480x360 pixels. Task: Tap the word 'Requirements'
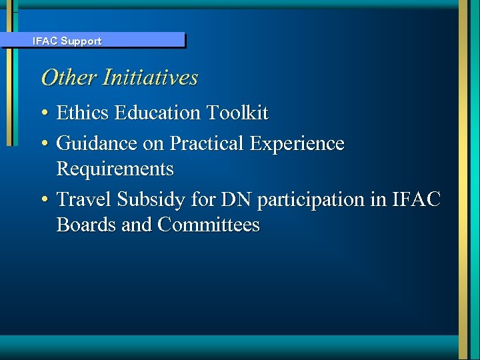[115, 169]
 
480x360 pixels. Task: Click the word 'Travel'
[84, 199]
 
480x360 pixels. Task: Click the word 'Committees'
[209, 225]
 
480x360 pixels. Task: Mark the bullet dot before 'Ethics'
[44, 114]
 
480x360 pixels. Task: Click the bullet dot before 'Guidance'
[44, 144]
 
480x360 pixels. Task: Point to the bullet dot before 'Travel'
[44, 199]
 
